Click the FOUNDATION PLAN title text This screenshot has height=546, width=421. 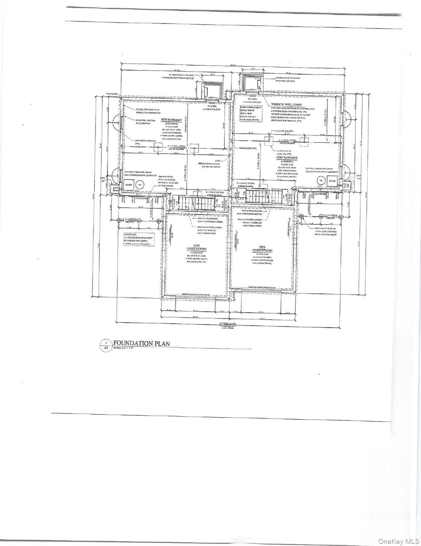point(141,343)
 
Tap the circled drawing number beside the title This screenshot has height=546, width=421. point(105,346)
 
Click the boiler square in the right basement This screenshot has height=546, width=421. point(332,181)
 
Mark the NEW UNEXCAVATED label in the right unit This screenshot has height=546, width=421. point(262,249)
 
